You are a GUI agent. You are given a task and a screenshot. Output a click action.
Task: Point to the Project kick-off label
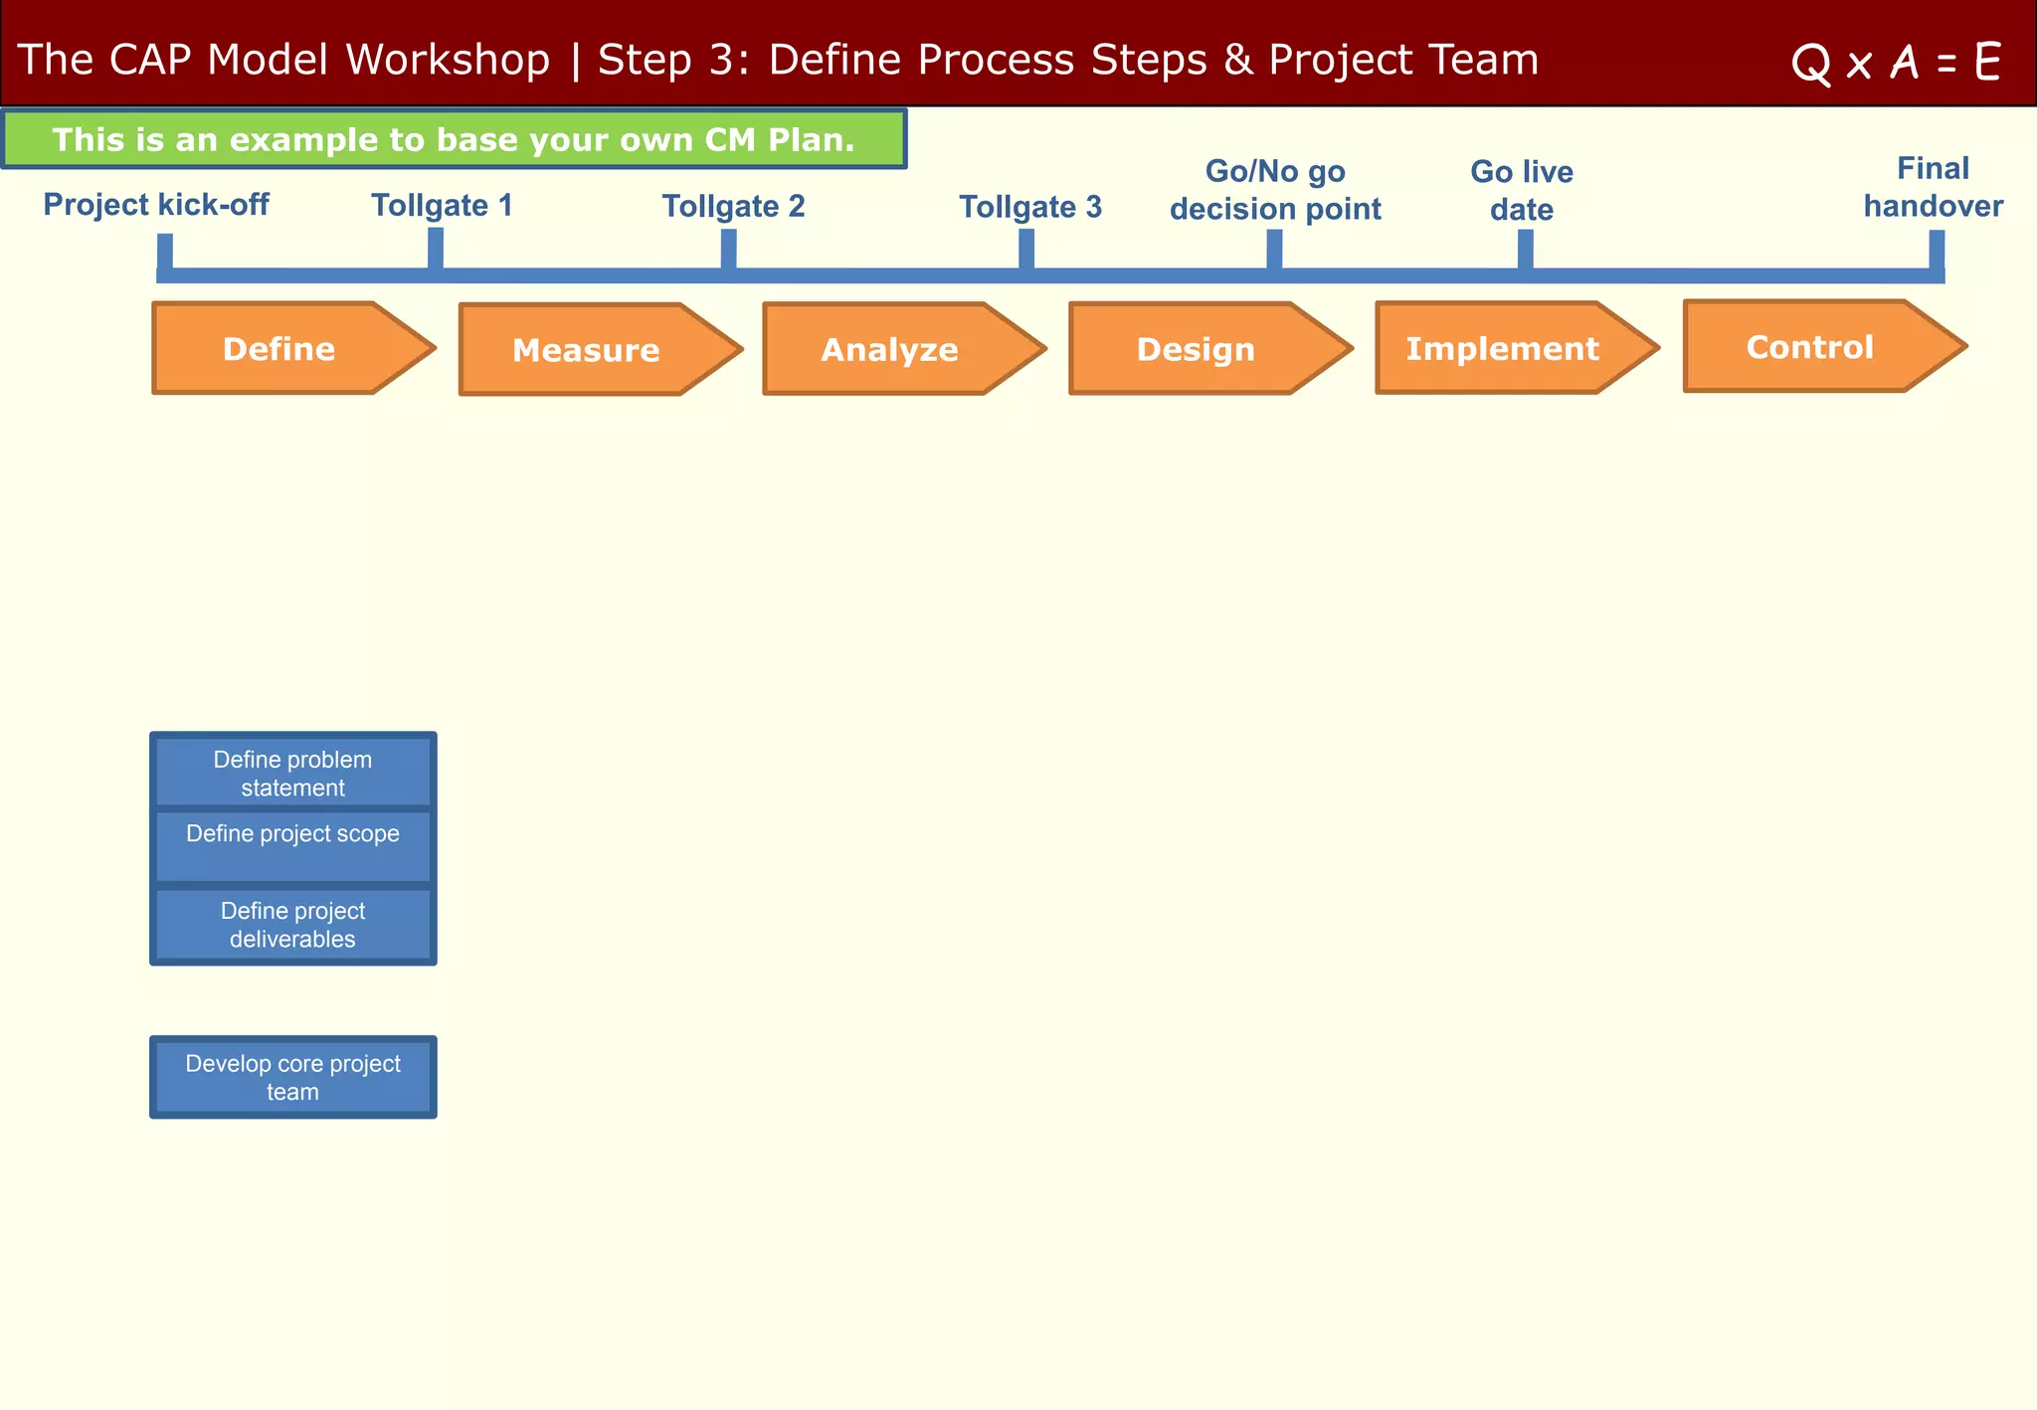[156, 205]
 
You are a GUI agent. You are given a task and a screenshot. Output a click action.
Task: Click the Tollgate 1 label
[442, 206]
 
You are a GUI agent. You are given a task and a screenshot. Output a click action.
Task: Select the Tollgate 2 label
[733, 207]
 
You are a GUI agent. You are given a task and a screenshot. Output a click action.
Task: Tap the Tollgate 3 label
[1030, 207]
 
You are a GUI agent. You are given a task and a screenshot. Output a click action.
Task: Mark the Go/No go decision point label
[1275, 190]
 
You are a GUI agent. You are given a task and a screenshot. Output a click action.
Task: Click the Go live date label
[1522, 190]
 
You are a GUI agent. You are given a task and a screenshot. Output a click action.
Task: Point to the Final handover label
[1933, 187]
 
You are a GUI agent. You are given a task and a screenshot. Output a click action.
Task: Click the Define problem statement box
[293, 773]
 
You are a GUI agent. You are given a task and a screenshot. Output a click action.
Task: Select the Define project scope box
[293, 845]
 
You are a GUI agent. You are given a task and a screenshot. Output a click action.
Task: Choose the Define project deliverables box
[293, 925]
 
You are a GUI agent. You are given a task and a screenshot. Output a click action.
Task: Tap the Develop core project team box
[293, 1077]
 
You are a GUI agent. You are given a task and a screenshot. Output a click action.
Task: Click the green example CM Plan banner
[454, 139]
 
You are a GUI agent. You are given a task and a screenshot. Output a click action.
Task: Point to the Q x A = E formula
[1896, 63]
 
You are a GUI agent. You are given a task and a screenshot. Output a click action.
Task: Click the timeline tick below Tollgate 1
[436, 249]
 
